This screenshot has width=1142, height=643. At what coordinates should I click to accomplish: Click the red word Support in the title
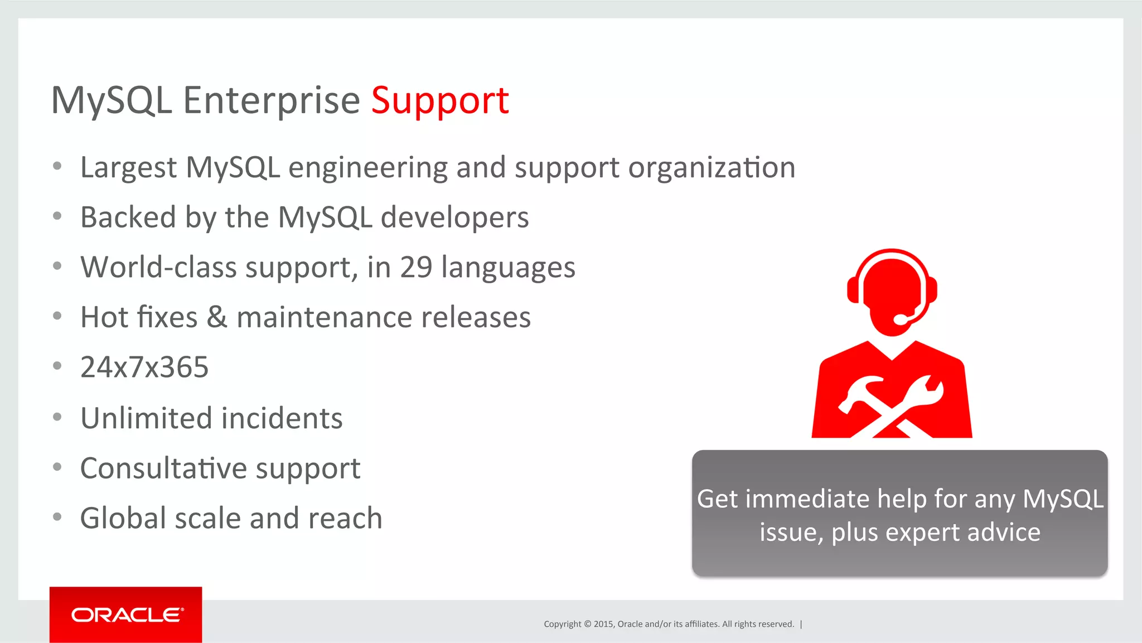point(440,101)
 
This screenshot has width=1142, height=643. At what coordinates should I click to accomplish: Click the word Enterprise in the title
point(272,101)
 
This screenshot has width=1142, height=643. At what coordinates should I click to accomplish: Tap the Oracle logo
point(126,615)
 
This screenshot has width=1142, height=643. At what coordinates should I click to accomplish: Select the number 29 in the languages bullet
point(416,267)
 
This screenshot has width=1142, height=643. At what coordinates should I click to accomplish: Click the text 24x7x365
point(144,368)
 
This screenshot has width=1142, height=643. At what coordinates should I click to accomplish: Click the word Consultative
point(163,468)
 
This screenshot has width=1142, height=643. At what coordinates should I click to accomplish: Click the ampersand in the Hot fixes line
point(217,317)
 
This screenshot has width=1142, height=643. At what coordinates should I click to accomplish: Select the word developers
point(454,217)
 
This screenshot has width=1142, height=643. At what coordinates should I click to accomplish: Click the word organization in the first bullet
point(712,168)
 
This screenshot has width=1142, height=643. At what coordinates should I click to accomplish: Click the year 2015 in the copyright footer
point(603,624)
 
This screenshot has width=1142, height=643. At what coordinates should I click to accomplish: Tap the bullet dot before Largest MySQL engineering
point(57,166)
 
